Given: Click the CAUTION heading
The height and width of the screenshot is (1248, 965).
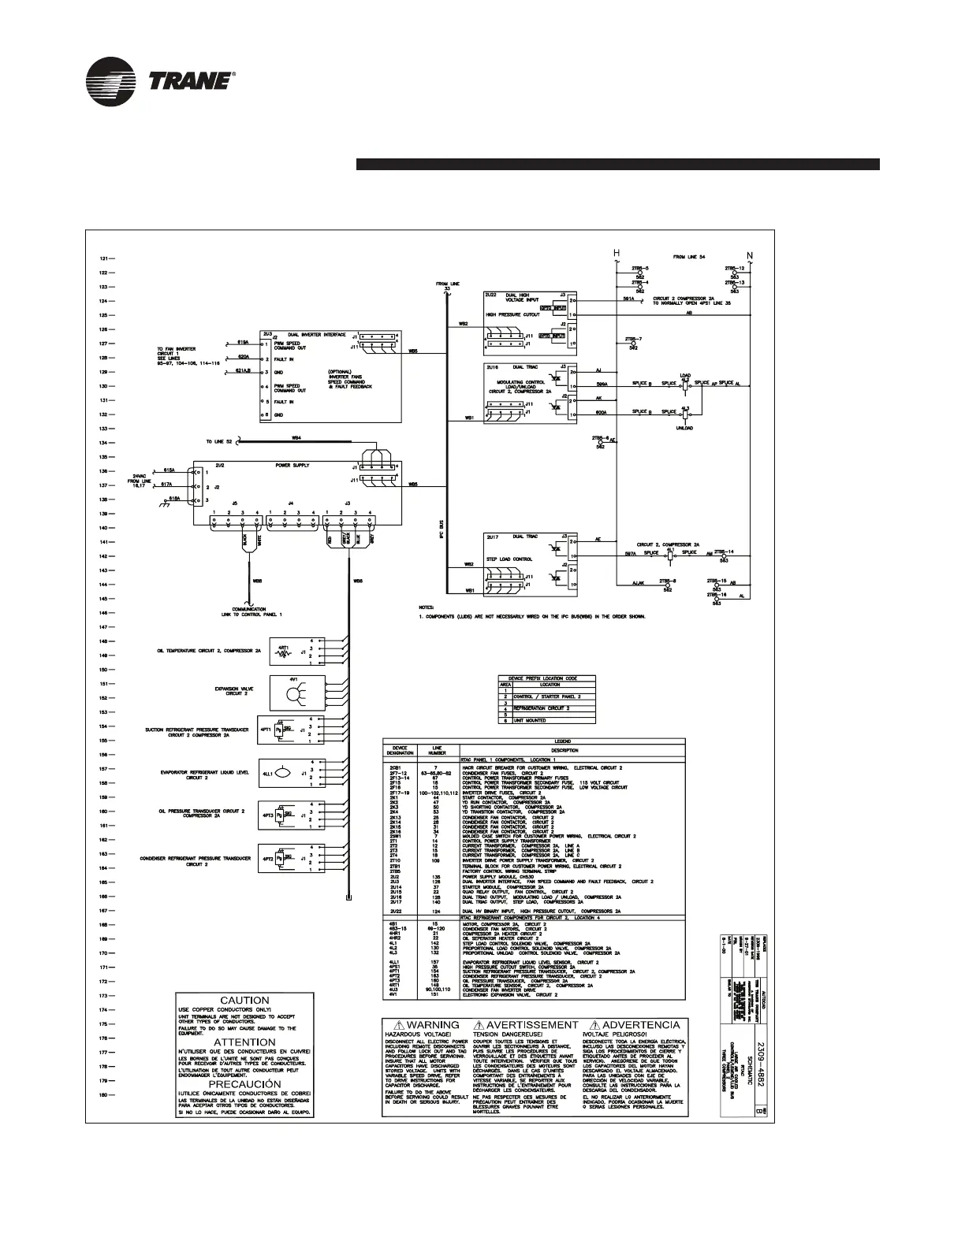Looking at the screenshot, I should (244, 1001).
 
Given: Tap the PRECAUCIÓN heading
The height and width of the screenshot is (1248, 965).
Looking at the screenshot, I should (244, 1084).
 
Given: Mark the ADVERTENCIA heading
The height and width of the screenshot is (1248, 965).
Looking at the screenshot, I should (635, 1025).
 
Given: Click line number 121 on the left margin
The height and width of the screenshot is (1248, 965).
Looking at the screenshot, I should (102, 258).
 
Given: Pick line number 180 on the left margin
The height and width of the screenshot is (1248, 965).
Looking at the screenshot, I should (102, 1095).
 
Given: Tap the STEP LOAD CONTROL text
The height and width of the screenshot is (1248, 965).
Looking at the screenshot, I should (508, 559).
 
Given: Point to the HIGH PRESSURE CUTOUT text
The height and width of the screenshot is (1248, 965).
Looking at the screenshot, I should (513, 314).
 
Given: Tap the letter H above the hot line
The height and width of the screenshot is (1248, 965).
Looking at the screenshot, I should (617, 253).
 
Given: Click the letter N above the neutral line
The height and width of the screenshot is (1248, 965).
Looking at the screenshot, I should (750, 254).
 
